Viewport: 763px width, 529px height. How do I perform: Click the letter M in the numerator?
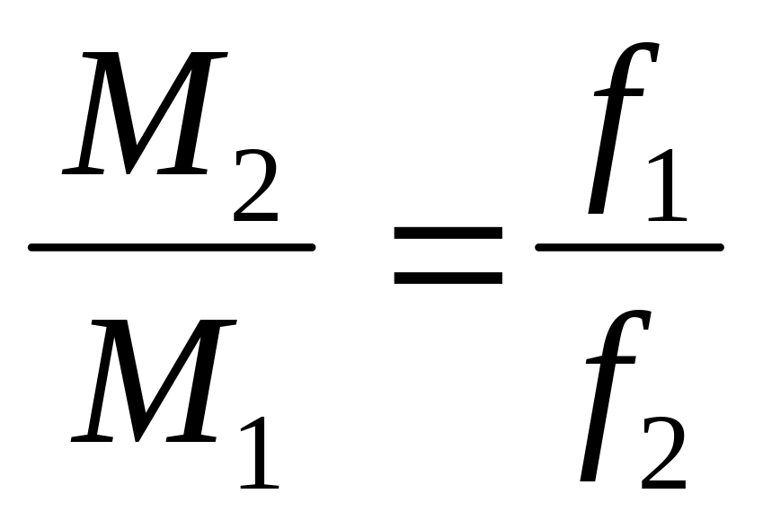[x=145, y=113]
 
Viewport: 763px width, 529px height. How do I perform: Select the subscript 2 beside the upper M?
[x=256, y=185]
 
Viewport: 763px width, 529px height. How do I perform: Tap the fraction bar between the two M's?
[x=172, y=248]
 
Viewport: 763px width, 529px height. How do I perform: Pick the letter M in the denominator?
[x=154, y=381]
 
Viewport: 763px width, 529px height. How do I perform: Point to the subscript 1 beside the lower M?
[x=260, y=452]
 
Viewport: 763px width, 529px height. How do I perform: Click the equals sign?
[x=448, y=255]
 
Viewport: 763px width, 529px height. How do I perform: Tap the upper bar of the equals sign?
[x=448, y=233]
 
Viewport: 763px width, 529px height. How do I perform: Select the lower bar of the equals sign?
[x=448, y=278]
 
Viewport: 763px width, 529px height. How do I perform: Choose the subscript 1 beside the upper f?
[x=668, y=185]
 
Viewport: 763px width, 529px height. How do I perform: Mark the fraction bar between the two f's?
[x=630, y=248]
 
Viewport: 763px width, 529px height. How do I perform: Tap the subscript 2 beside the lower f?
[x=664, y=453]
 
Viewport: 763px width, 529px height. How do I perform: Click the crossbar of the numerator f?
[x=619, y=92]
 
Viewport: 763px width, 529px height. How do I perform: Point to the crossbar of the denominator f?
[x=611, y=359]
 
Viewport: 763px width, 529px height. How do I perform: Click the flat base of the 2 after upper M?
[x=256, y=217]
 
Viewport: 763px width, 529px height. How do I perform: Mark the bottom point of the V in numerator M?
[x=128, y=172]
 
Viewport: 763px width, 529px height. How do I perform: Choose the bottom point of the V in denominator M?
[x=138, y=440]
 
